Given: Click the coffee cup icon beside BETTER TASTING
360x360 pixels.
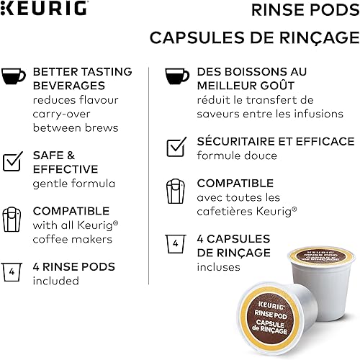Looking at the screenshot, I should [x=14, y=76].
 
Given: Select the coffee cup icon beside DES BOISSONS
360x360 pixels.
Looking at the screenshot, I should [x=176, y=76].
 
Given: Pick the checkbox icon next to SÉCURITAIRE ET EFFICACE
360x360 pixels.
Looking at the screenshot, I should [x=176, y=146].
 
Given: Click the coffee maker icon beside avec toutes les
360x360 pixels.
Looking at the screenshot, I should [x=176, y=191].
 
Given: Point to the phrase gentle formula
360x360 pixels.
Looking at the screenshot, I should [x=73, y=184].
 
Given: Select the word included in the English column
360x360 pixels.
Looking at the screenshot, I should [x=55, y=281].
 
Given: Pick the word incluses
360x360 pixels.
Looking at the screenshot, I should [x=218, y=266].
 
